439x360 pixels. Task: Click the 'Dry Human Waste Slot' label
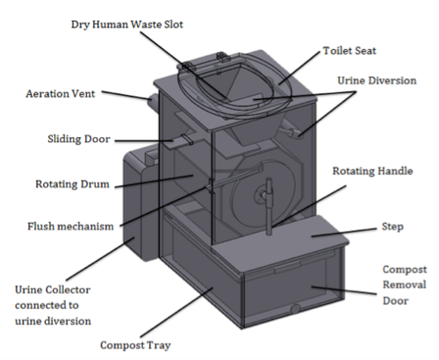tap(127, 25)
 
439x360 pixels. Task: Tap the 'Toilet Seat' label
tap(349, 51)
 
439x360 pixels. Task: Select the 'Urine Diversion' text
tap(377, 81)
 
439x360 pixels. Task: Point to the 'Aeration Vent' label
tap(61, 94)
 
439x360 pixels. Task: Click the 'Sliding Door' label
tap(79, 139)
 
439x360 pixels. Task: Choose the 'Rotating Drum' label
tap(72, 184)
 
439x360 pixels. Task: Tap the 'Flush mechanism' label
tap(70, 227)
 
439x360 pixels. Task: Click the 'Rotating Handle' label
tap(372, 171)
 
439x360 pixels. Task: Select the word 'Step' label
tap(392, 227)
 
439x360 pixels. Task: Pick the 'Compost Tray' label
tap(135, 346)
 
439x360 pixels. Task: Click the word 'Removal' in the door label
tap(405, 284)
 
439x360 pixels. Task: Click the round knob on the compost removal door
tap(296, 308)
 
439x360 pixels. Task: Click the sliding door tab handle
tap(187, 140)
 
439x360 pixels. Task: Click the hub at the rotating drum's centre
tap(262, 195)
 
